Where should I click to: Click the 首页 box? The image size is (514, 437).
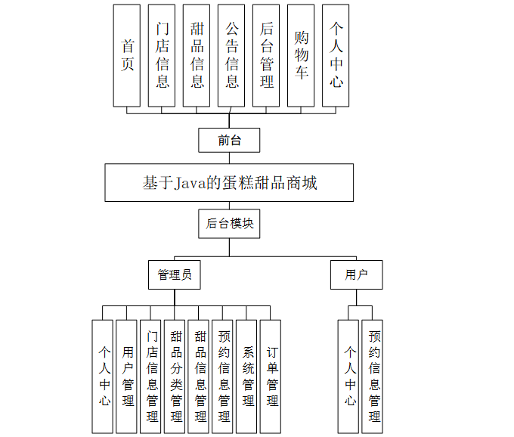127,55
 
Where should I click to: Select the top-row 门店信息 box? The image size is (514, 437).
162,55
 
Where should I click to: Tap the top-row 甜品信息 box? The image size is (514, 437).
197,55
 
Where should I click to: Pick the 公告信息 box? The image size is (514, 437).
231,55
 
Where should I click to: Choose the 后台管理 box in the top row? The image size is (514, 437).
266,55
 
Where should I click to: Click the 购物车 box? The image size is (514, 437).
301,55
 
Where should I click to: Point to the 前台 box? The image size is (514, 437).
229,140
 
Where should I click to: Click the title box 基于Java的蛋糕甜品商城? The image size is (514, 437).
229,183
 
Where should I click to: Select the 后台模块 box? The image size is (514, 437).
229,224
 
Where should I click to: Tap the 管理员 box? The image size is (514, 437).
175,274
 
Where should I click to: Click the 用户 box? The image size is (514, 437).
356,274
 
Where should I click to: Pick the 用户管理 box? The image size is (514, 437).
127,376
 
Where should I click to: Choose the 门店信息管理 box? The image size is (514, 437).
151,376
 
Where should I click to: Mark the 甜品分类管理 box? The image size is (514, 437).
175,376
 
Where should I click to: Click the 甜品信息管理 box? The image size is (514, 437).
199,376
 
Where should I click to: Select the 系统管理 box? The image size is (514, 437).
246,376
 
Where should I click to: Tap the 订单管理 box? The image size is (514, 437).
271,376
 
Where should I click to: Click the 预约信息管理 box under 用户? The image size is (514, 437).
373,376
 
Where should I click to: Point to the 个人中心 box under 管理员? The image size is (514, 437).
103,376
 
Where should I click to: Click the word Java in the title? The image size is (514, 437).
190,184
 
